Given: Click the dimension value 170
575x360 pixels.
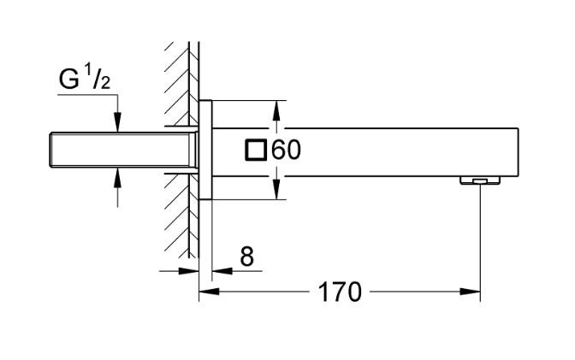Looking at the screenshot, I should (340, 292).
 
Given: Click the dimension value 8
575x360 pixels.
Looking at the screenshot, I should (246, 257).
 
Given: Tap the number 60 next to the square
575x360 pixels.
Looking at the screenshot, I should (287, 150).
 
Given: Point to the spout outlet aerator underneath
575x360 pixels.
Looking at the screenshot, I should (479, 180).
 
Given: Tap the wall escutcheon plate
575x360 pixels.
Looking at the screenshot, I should (206, 150).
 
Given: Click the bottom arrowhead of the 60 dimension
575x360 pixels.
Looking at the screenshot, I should (276, 192).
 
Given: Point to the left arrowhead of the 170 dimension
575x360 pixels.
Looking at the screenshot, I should (206, 292).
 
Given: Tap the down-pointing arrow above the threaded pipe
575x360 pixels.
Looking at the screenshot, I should (118, 124).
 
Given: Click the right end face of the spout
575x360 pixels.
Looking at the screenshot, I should (519, 150).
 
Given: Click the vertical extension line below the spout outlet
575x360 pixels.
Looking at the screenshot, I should (480, 239).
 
